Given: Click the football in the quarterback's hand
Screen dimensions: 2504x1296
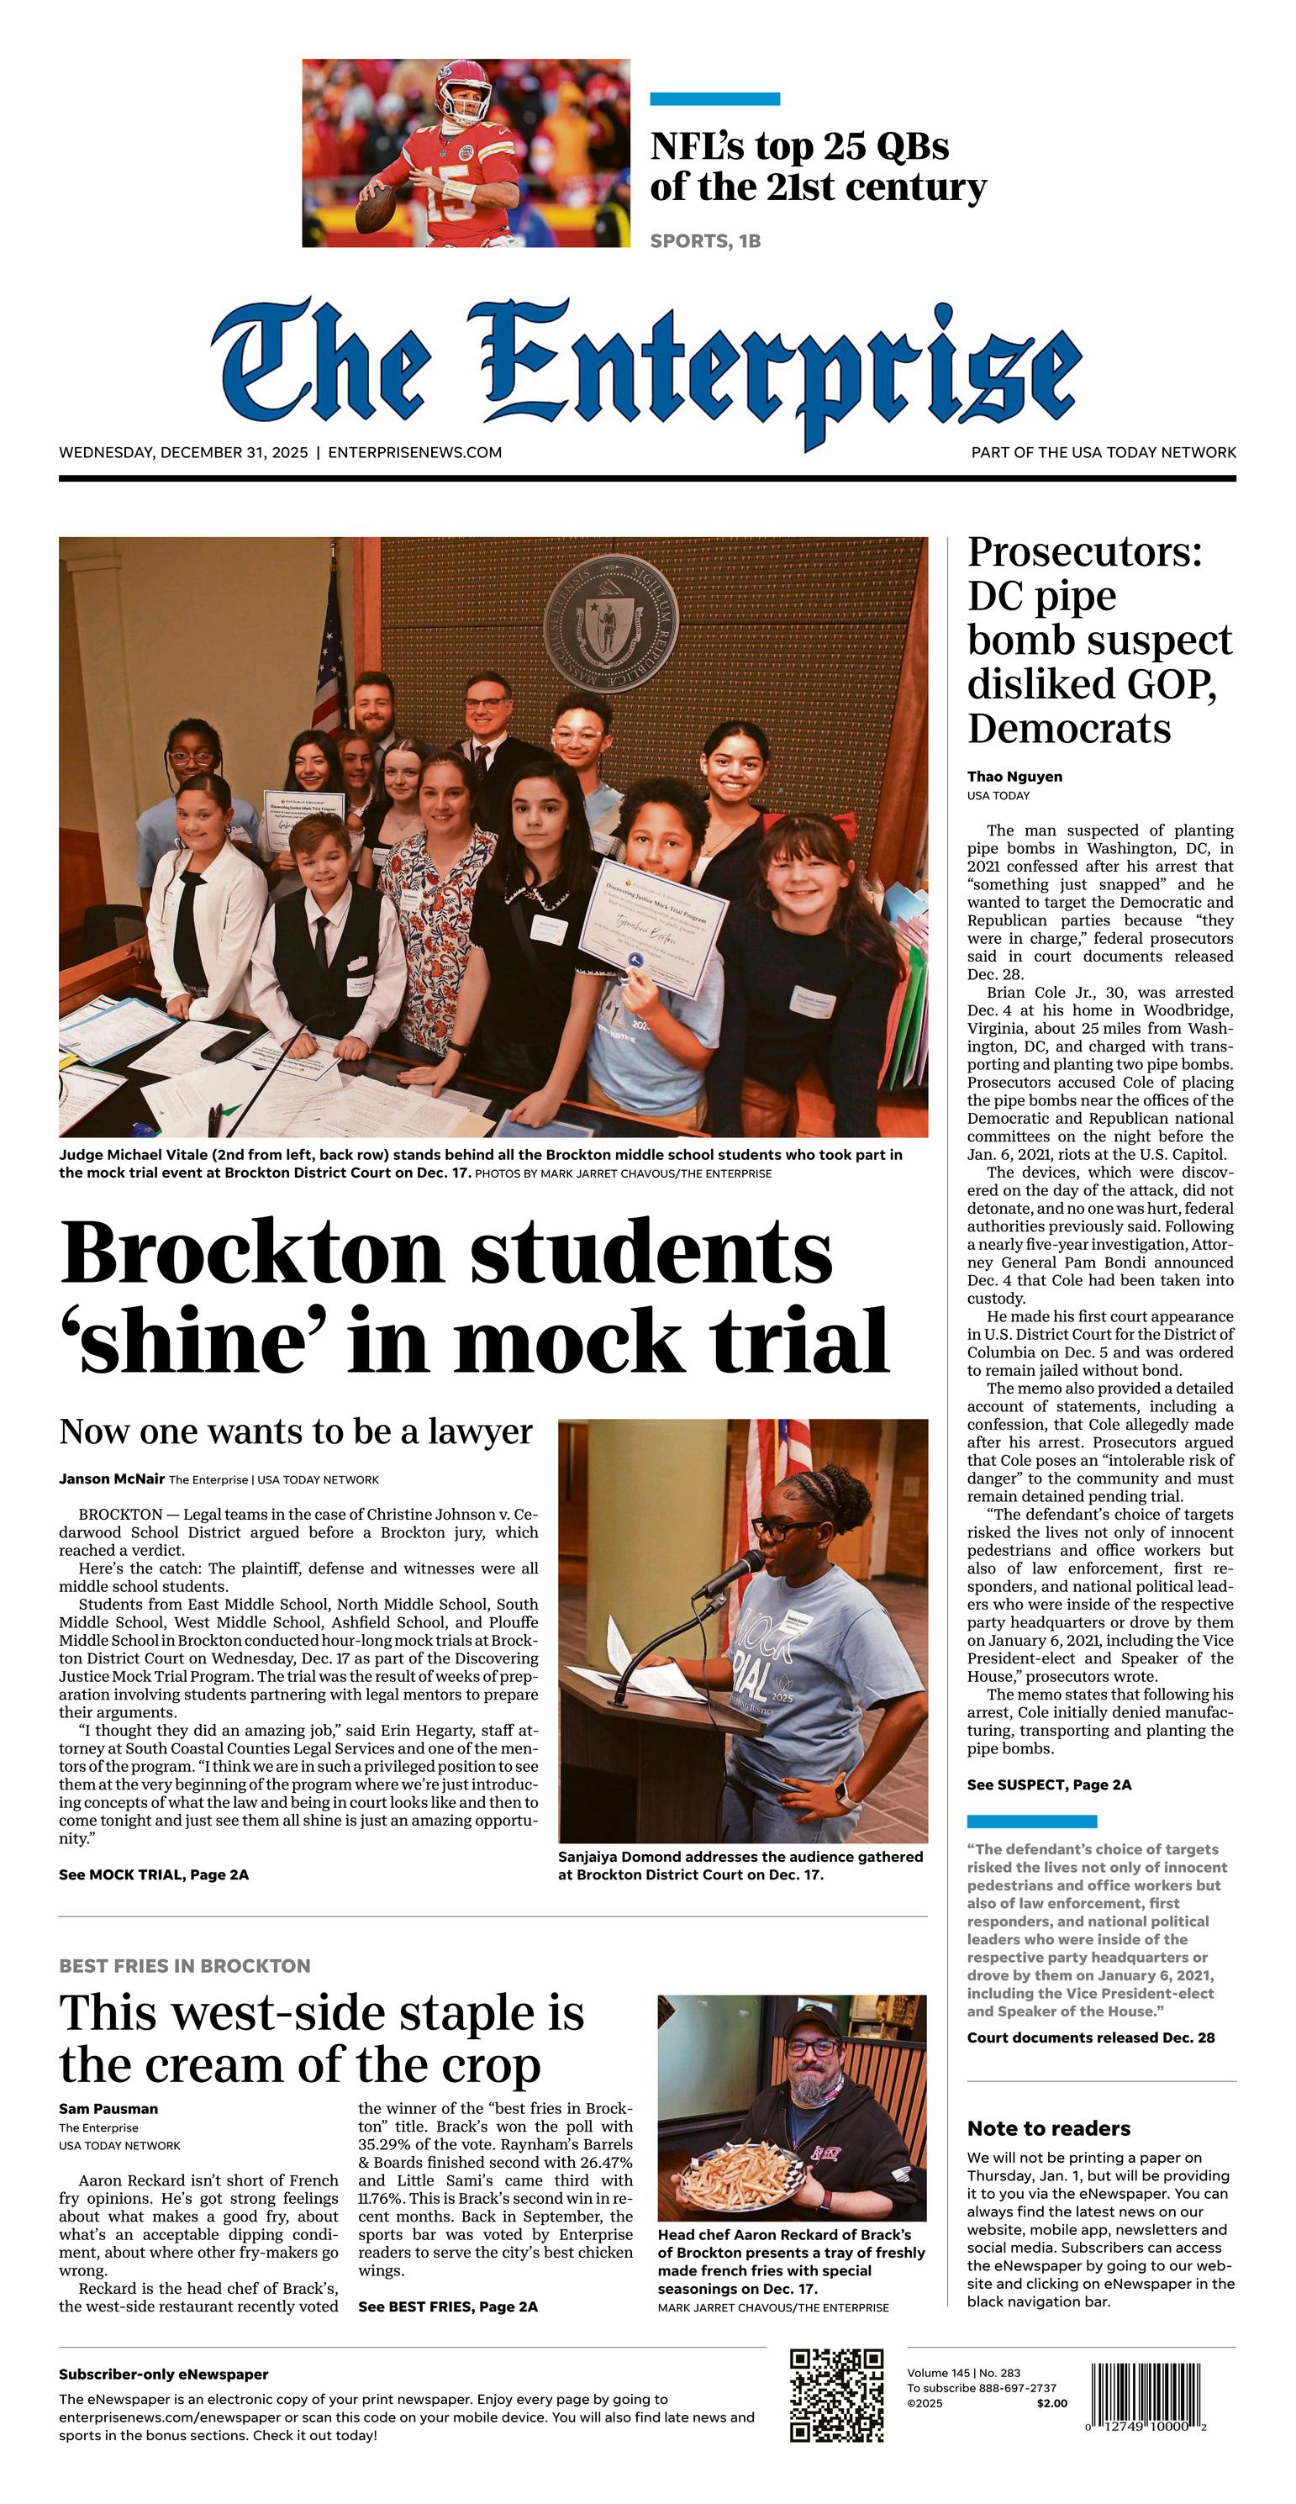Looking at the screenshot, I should pos(376,207).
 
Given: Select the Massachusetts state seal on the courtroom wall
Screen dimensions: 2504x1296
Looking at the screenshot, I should pos(610,622).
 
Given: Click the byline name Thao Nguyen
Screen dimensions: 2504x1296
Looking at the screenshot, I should pos(1014,776).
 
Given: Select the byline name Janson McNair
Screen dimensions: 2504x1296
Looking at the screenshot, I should pos(112,1479).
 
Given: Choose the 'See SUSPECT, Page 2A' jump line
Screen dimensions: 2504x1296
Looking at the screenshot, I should pos(1049,1784).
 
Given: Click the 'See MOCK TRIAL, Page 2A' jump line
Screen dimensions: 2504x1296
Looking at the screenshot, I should pos(154,1874).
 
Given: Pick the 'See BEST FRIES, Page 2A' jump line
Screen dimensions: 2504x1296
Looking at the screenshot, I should pos(447,2306).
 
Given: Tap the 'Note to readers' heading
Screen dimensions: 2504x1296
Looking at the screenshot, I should pos(1048,2127).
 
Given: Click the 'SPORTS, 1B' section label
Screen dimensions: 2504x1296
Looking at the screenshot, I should pos(705,241).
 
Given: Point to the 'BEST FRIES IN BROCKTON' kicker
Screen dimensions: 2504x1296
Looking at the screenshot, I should pos(185,1965).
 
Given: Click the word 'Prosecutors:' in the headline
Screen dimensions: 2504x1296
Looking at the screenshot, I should pos(1084,552).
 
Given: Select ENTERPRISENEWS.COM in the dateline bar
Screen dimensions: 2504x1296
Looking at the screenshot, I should pos(415,452).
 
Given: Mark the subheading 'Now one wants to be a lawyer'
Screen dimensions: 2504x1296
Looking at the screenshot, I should pos(296,1431).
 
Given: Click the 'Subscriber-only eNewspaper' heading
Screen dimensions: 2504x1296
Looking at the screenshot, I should pos(163,2374).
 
